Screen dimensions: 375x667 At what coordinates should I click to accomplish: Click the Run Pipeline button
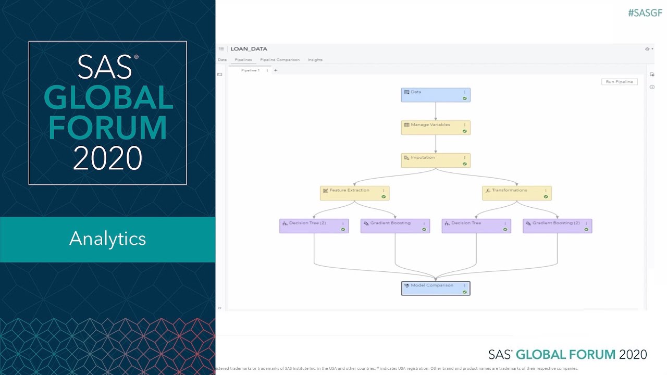[x=619, y=82]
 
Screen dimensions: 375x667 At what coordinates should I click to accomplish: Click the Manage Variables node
[x=436, y=128]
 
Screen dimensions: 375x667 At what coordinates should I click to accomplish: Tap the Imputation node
[x=436, y=160]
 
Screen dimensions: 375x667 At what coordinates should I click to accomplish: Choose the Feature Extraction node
[x=354, y=193]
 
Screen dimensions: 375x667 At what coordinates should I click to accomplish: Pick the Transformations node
[x=516, y=193]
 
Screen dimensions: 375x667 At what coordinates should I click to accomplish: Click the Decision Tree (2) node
[x=314, y=226]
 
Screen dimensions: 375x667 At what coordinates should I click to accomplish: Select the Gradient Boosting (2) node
[x=557, y=226]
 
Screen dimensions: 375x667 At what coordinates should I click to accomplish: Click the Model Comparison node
[x=436, y=288]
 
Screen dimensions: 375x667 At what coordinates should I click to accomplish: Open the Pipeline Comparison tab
[x=280, y=60]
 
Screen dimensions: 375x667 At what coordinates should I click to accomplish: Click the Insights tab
[x=315, y=60]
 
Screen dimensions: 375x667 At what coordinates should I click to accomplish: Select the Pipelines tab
[x=243, y=60]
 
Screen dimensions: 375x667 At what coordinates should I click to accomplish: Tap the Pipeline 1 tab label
[x=250, y=70]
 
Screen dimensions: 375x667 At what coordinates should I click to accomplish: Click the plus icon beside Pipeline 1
[x=276, y=70]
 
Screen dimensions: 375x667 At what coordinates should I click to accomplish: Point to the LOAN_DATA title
[x=249, y=49]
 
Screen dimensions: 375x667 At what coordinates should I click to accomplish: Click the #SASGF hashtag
[x=645, y=13]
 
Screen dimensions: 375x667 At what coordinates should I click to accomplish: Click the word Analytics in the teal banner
[x=107, y=239]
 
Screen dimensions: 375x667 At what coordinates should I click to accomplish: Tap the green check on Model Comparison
[x=464, y=292]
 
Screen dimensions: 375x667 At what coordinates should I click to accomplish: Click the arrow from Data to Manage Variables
[x=436, y=111]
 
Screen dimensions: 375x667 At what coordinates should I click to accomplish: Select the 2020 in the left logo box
[x=107, y=158]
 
